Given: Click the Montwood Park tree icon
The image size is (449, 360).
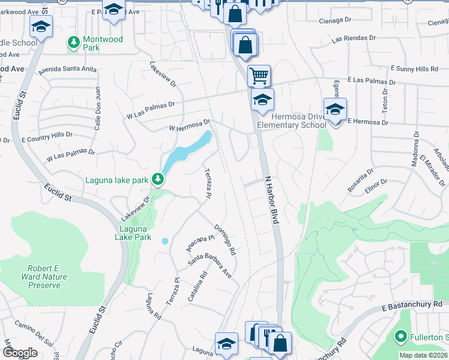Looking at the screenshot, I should click(x=73, y=41).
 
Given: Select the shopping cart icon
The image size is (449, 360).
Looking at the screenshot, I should click(x=259, y=76).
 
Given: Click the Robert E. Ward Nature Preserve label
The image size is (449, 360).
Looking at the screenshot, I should click(x=47, y=277).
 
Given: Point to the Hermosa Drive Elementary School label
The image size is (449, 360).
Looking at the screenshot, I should click(x=292, y=121).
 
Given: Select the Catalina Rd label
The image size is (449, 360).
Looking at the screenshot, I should click(x=200, y=287).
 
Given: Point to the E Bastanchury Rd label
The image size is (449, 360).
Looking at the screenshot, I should click(x=412, y=305).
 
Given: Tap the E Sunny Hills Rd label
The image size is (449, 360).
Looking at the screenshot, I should click(x=414, y=69).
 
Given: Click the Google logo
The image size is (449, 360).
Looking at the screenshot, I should click(x=20, y=352).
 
